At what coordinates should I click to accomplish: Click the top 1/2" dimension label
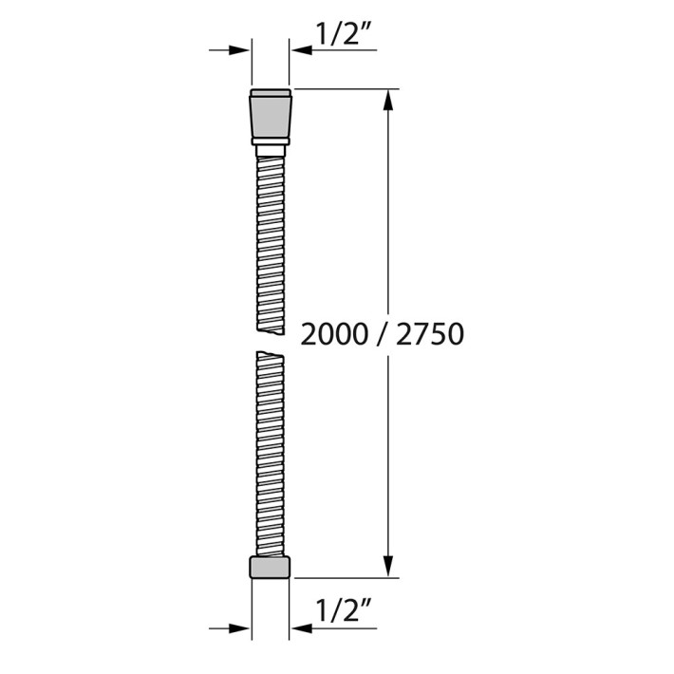click(x=344, y=33)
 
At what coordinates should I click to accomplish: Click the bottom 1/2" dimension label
click(x=344, y=610)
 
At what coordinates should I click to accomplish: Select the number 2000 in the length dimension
click(x=334, y=334)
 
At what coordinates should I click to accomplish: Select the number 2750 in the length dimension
click(x=430, y=334)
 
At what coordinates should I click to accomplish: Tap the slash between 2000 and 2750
click(x=383, y=334)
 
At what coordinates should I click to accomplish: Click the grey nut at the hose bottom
click(x=270, y=568)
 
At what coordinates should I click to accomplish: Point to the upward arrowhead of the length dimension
click(x=388, y=101)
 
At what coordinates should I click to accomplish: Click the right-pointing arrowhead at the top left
click(x=239, y=50)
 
